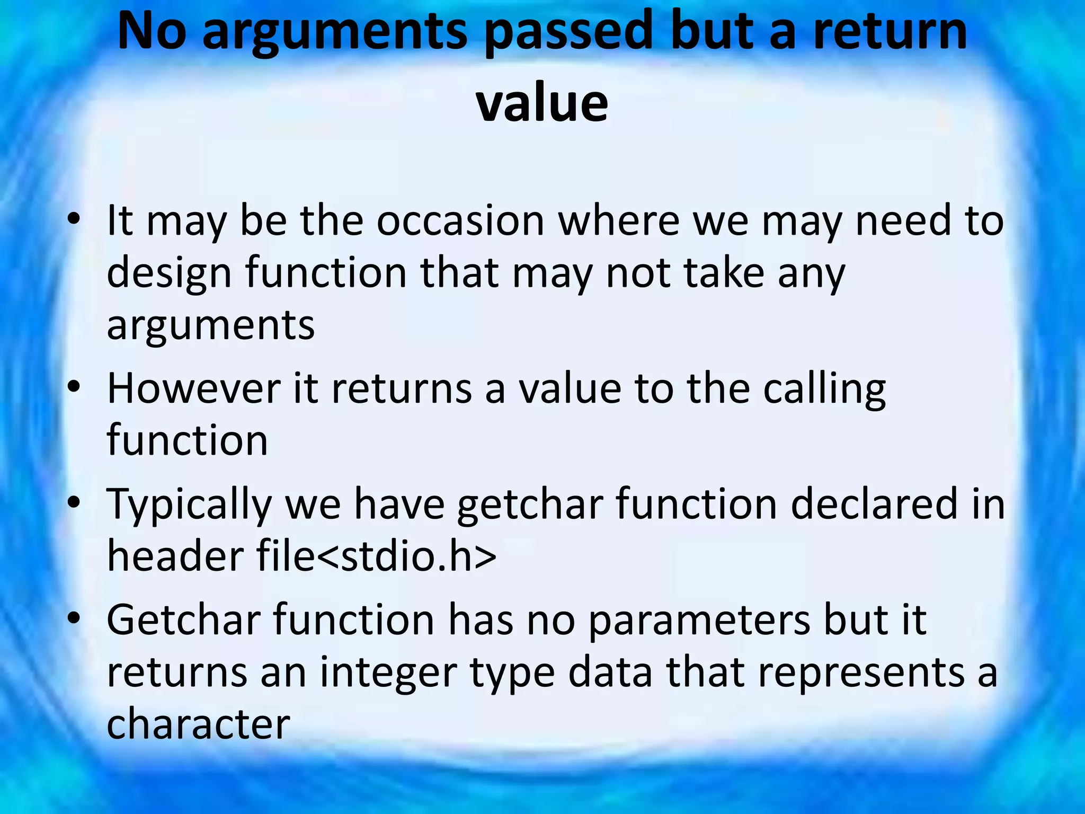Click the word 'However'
(193, 388)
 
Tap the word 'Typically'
(189, 505)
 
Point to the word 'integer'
(388, 673)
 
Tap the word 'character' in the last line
(198, 724)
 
